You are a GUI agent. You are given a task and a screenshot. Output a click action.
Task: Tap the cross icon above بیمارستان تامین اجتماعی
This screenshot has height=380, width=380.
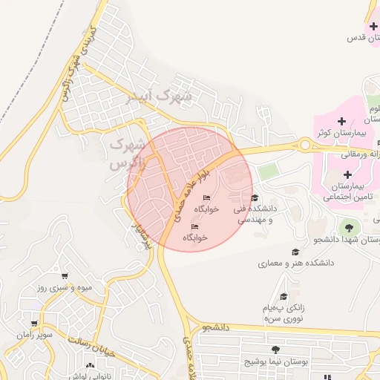[x=347, y=174]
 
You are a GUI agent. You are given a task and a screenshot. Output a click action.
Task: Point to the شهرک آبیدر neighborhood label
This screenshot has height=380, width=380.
[x=160, y=96]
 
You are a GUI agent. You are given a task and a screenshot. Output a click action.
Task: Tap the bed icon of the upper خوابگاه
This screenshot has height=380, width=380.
[x=206, y=197]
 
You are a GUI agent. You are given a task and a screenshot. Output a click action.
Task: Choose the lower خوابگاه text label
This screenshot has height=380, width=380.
[x=195, y=237]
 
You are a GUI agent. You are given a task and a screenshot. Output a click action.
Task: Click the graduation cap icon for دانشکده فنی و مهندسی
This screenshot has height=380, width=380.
[x=255, y=197]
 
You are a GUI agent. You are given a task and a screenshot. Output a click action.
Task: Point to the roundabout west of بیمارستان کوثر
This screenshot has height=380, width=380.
[x=304, y=145]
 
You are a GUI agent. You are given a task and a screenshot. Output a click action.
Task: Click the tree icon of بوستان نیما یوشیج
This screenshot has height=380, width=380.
[x=276, y=350]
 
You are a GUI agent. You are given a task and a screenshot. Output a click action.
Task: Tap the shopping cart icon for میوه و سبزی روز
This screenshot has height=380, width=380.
[x=65, y=276]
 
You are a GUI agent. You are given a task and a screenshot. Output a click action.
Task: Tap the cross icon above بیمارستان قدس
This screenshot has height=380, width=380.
[x=373, y=27]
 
